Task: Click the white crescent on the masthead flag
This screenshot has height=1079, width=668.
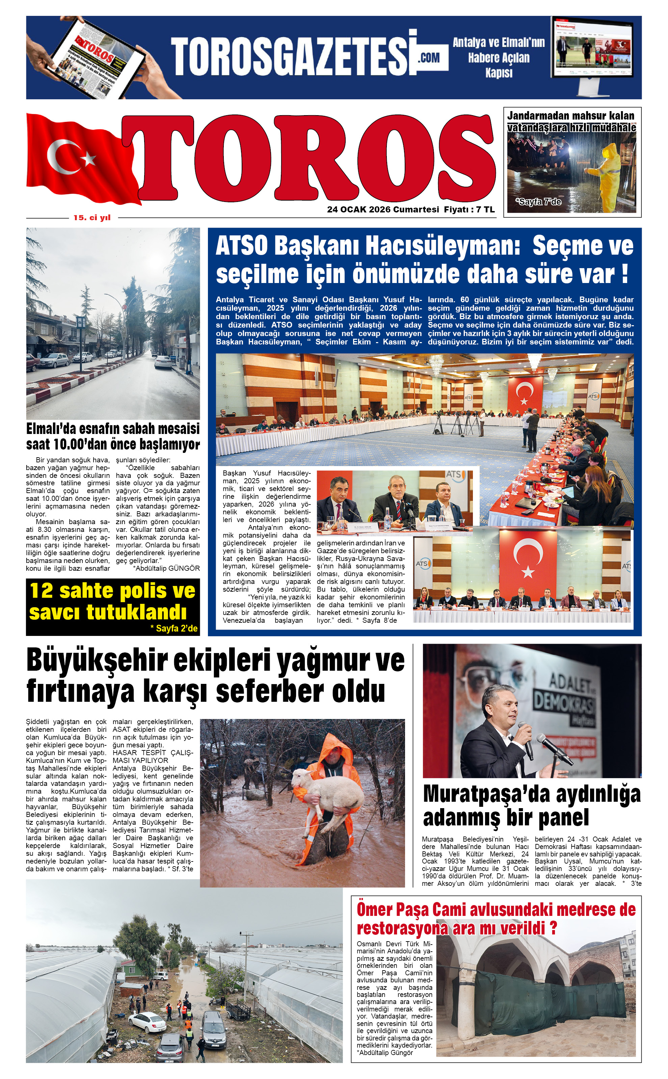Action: tap(62, 158)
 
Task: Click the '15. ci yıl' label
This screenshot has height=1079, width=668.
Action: tap(92, 217)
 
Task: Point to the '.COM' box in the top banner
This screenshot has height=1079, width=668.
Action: tap(429, 57)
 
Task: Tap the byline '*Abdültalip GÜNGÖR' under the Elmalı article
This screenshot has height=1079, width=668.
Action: tap(166, 568)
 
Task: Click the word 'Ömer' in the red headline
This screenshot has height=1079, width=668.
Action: tap(375, 910)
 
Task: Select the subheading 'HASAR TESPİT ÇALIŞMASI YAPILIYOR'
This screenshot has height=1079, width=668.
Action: tap(153, 756)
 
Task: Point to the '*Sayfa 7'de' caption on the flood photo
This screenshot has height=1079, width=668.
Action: tap(538, 202)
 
